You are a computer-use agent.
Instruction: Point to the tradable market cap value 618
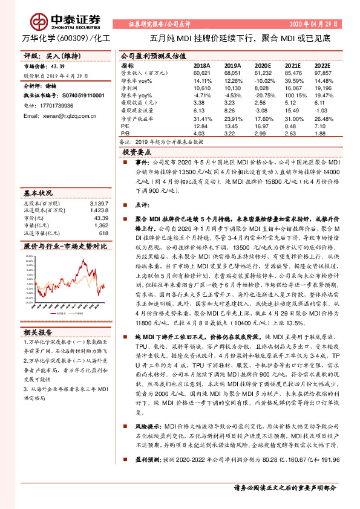coord(103,233)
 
